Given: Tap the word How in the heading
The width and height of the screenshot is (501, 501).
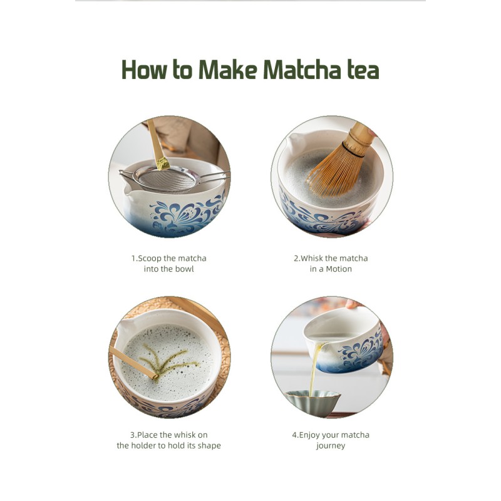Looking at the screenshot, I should click(x=146, y=70).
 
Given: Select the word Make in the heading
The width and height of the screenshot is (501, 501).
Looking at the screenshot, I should click(x=228, y=70).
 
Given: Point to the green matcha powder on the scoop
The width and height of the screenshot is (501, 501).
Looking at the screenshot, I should click(x=163, y=163).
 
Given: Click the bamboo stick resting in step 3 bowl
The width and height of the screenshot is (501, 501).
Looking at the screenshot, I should click(x=132, y=363).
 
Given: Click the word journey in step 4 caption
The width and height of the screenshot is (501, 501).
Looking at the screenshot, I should click(x=331, y=445).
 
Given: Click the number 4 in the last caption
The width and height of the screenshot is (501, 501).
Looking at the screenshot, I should click(x=294, y=435).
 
